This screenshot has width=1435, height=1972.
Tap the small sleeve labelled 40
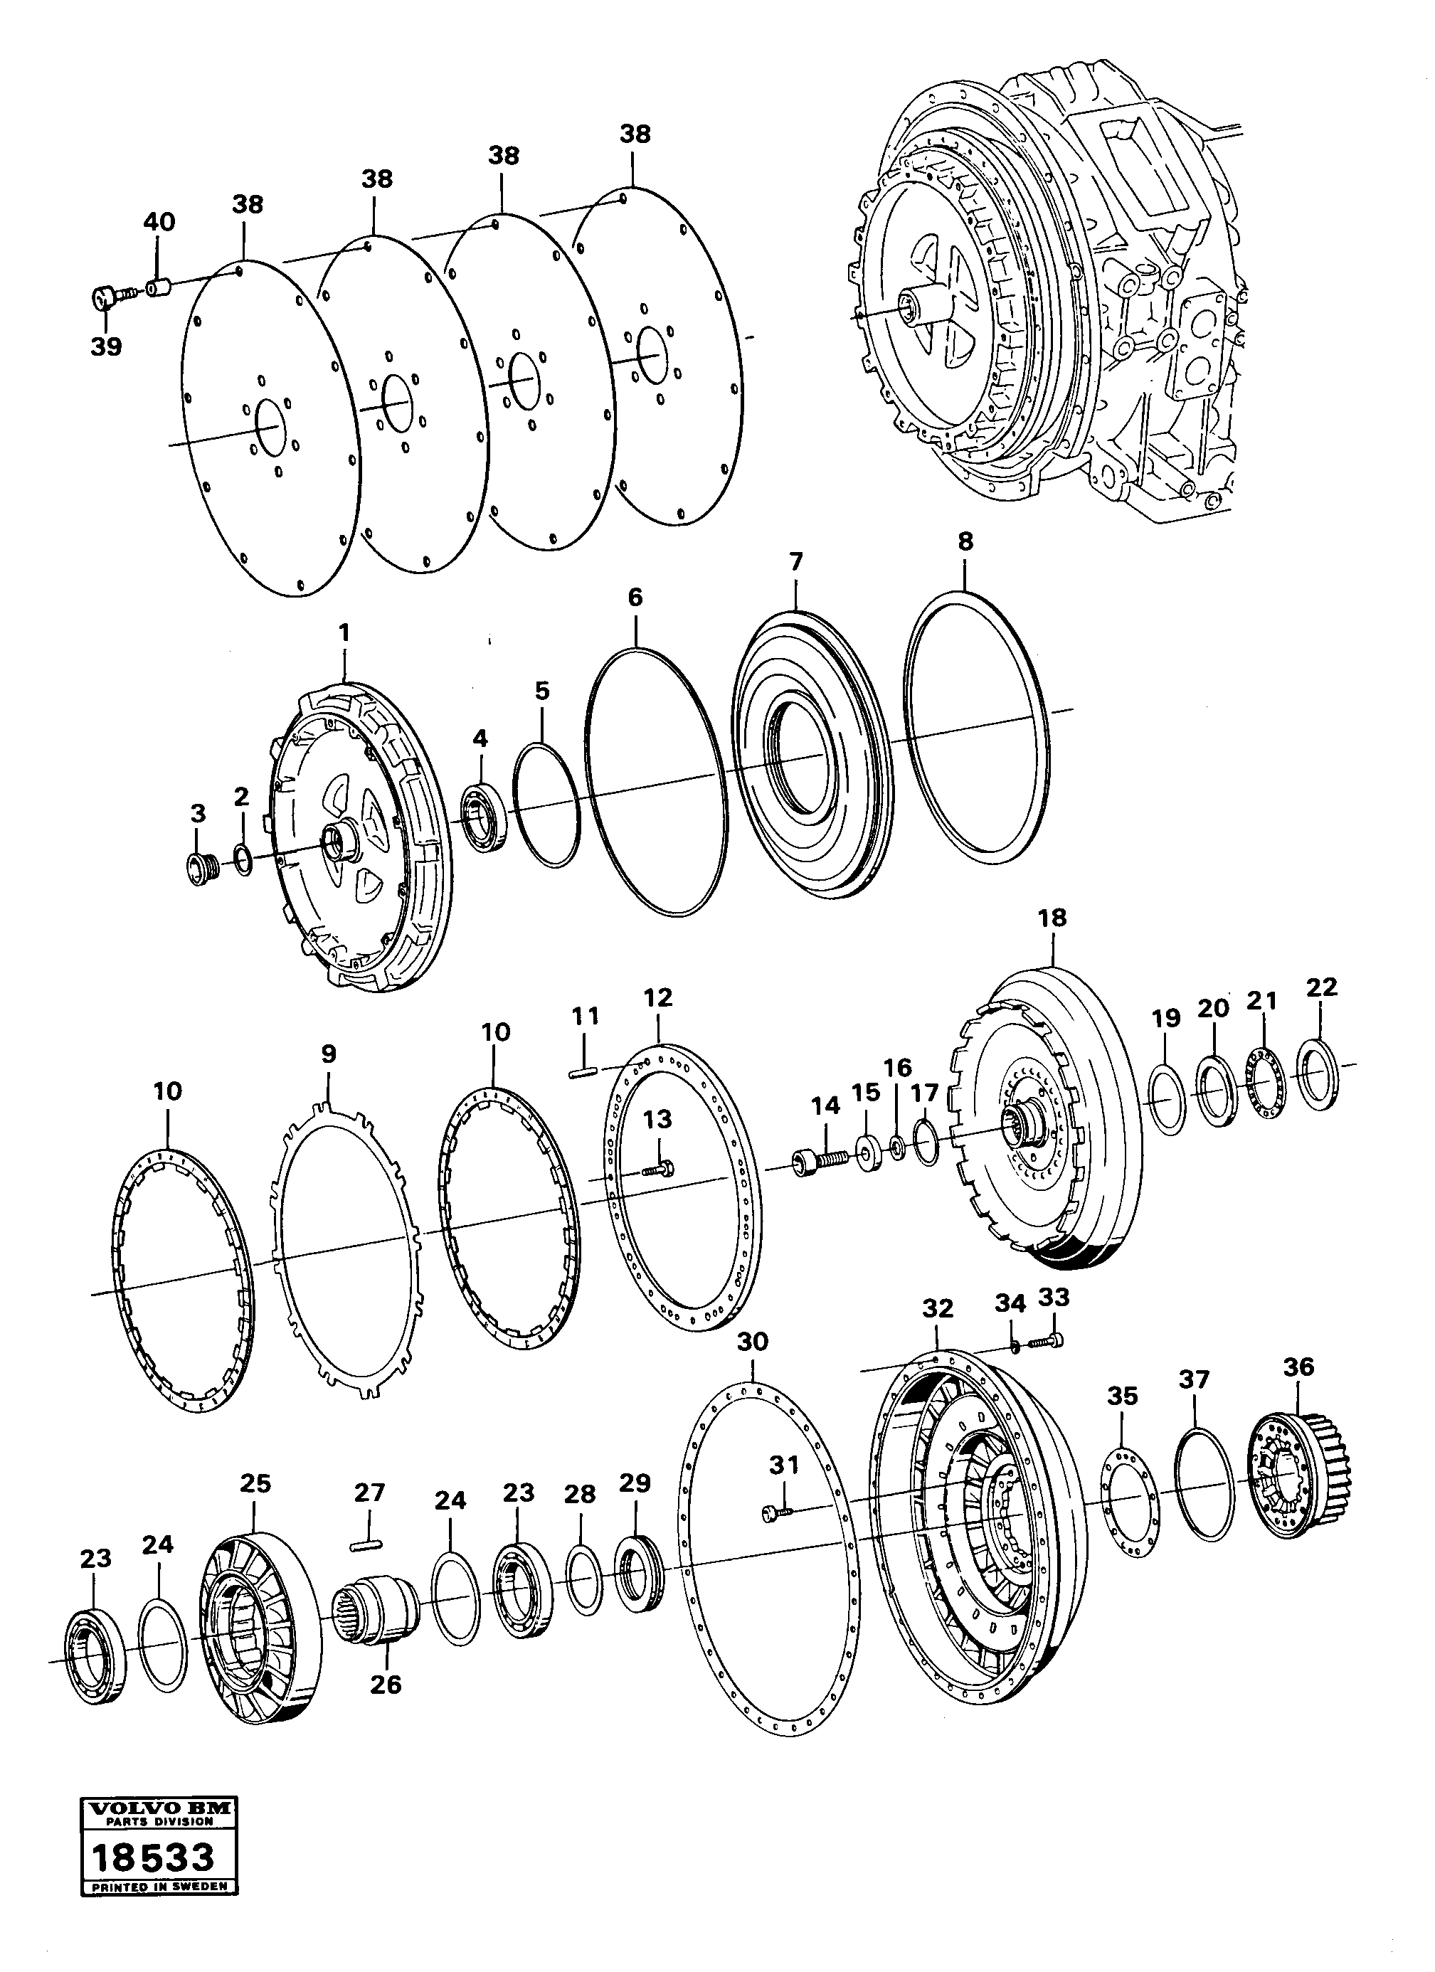(x=157, y=287)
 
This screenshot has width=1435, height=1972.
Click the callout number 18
(x=1052, y=917)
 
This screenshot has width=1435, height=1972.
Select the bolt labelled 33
(x=1049, y=1342)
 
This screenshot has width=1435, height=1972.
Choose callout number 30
(x=752, y=1342)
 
